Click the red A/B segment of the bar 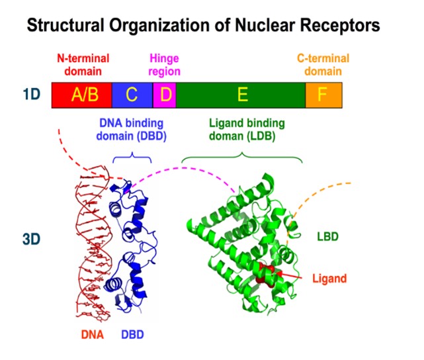81,95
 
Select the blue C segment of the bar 132,95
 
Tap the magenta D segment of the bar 165,95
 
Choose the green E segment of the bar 241,95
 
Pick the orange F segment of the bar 323,95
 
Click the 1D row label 32,95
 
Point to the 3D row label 31,239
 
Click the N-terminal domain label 83,65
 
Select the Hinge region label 165,65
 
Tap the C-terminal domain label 323,65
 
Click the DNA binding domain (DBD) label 132,130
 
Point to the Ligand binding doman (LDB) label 247,130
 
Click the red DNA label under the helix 93,335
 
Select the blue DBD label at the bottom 132,335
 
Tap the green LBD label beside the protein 327,237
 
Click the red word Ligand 329,279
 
